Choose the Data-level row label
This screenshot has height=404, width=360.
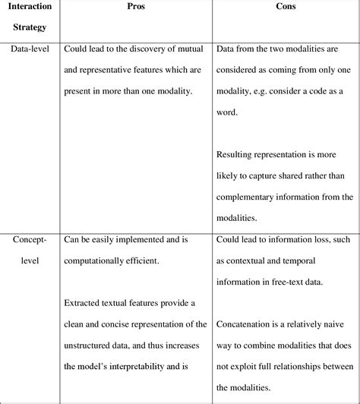pos(30,49)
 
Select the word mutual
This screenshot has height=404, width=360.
pos(188,49)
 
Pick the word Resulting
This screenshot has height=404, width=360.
pos(237,156)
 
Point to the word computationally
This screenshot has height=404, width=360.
pos(96,259)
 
